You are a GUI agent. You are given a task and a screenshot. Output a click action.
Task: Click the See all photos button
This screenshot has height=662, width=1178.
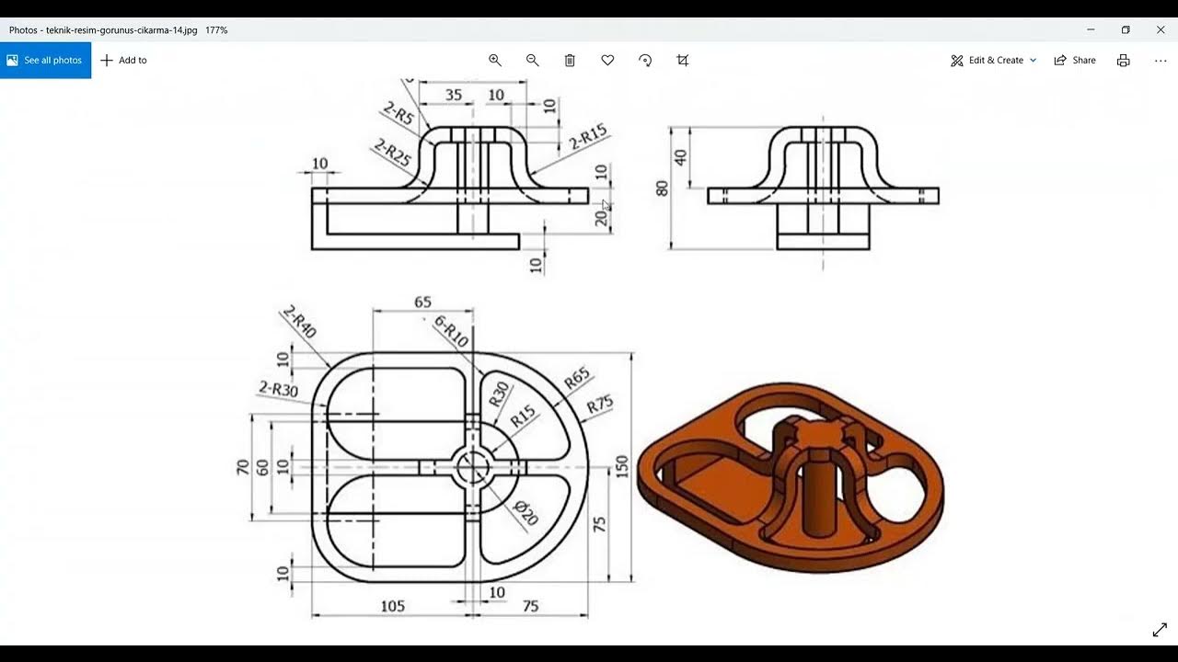pyautogui.click(x=45, y=60)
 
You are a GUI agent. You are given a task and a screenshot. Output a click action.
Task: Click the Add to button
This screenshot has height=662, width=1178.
pyautogui.click(x=123, y=60)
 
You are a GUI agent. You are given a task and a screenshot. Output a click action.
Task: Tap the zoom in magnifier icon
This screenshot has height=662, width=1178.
pyautogui.click(x=495, y=60)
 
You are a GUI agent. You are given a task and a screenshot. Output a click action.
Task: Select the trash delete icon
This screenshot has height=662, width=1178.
pyautogui.click(x=570, y=60)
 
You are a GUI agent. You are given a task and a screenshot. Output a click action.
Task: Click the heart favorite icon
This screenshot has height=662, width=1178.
pyautogui.click(x=607, y=60)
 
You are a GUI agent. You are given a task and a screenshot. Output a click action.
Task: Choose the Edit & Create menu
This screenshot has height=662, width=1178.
pyautogui.click(x=994, y=60)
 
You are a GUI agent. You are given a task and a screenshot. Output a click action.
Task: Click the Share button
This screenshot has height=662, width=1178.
pyautogui.click(x=1075, y=60)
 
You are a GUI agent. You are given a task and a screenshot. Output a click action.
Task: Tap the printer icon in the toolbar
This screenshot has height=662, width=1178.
pyautogui.click(x=1123, y=60)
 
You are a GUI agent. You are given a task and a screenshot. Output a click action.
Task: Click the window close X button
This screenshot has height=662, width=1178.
pyautogui.click(x=1161, y=29)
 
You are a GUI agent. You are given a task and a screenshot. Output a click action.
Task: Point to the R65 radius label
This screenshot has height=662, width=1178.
pyautogui.click(x=576, y=378)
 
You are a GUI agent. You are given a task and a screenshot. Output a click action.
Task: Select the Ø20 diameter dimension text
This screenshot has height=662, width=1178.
pyautogui.click(x=525, y=513)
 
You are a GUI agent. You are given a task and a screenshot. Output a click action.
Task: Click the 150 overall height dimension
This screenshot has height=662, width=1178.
pyautogui.click(x=622, y=467)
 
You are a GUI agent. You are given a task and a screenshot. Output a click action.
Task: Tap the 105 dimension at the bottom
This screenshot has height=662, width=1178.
pyautogui.click(x=393, y=606)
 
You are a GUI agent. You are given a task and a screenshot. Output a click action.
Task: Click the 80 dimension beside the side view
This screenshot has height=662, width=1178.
pyautogui.click(x=662, y=188)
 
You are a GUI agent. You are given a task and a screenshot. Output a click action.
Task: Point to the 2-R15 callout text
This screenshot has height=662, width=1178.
pyautogui.click(x=588, y=137)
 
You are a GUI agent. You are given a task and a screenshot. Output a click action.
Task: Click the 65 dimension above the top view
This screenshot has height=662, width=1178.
pyautogui.click(x=422, y=302)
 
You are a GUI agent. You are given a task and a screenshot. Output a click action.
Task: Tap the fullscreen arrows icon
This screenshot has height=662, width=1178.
pyautogui.click(x=1160, y=630)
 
